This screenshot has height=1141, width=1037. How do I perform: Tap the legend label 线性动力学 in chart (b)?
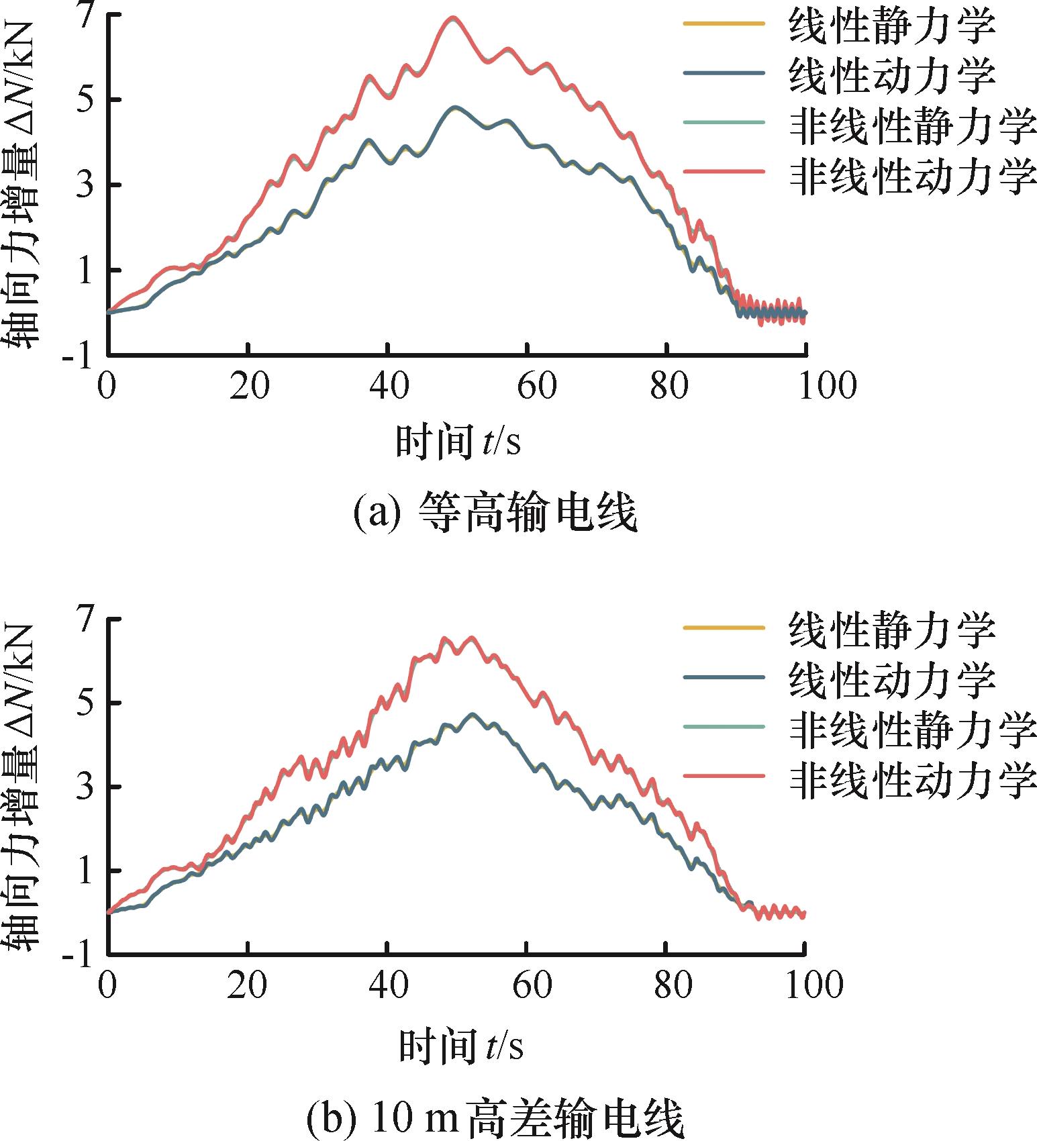(x=891, y=679)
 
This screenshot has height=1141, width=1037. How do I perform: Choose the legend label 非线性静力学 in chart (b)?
(x=913, y=729)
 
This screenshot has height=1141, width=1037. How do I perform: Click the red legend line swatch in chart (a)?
(x=724, y=172)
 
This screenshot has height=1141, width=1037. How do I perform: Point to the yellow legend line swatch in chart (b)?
(x=724, y=628)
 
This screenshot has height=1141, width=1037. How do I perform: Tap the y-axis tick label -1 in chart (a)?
(x=77, y=356)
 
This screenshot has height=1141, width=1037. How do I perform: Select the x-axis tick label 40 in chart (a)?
(x=389, y=386)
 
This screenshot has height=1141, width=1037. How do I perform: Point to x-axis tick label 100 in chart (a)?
(x=827, y=386)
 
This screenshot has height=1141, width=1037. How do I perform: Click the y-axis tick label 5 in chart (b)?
(x=85, y=703)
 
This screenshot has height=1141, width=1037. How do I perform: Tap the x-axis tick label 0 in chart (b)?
(x=107, y=985)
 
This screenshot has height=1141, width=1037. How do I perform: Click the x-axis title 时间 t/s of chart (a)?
(x=458, y=442)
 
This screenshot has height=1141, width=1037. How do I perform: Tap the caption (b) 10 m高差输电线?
(x=495, y=1118)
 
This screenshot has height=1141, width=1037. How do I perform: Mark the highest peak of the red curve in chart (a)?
(x=453, y=18)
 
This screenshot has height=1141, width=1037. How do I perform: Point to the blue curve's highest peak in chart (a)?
(x=455, y=107)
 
